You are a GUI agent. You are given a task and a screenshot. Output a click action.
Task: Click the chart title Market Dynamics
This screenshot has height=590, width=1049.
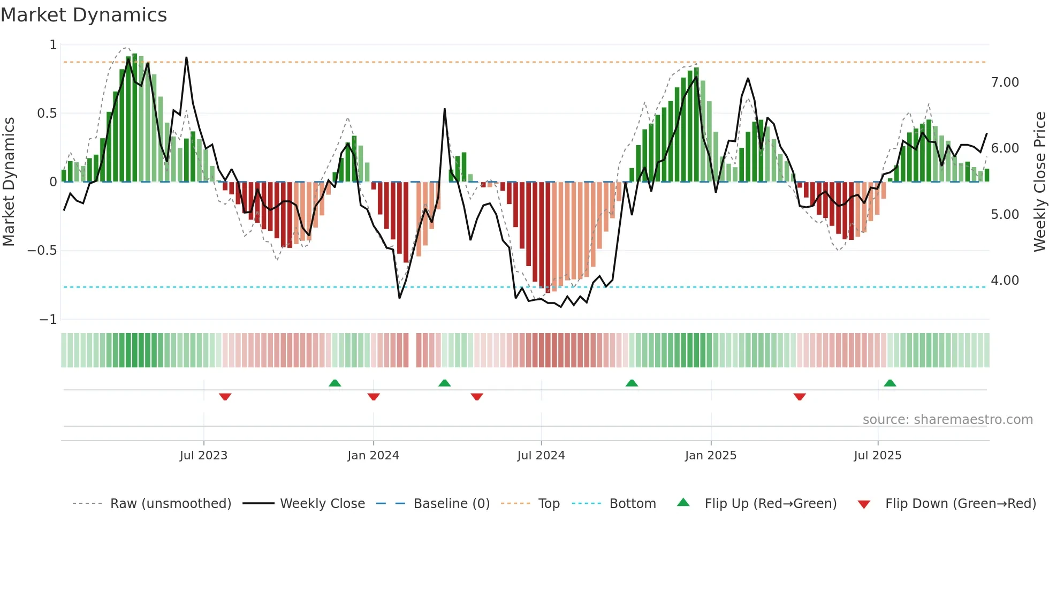click(x=83, y=15)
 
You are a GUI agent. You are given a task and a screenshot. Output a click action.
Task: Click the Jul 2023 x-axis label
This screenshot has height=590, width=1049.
click(x=203, y=456)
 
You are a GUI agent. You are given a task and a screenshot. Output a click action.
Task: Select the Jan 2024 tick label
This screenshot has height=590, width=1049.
click(x=373, y=456)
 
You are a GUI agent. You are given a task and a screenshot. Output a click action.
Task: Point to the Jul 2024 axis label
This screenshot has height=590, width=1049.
click(x=541, y=456)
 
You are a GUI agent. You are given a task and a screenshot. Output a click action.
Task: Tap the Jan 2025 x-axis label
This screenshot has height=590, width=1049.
click(x=711, y=456)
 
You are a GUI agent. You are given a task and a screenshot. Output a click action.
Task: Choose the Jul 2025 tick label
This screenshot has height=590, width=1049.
click(x=878, y=456)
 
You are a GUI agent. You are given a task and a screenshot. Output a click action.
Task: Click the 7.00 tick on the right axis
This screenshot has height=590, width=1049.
click(x=1005, y=82)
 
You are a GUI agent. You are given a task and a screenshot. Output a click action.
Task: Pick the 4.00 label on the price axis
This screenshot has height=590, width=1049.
click(x=1005, y=281)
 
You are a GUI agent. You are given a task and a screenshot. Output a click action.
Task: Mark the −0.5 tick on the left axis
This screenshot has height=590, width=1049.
click(x=42, y=251)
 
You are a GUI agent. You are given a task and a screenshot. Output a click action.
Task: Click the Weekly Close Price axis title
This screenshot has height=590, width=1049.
click(x=1039, y=181)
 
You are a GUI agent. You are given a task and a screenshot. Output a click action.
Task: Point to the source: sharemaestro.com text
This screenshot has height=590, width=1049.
click(x=947, y=420)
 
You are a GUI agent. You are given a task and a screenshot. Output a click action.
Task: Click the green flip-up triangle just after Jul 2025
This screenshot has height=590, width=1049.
click(x=890, y=383)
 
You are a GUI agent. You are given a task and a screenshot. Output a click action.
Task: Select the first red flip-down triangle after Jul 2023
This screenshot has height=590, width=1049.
click(x=225, y=397)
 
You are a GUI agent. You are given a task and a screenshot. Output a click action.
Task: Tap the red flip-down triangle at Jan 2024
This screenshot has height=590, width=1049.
click(x=374, y=397)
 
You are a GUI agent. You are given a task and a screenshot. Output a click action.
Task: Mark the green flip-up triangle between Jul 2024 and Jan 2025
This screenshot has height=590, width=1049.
click(x=632, y=383)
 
